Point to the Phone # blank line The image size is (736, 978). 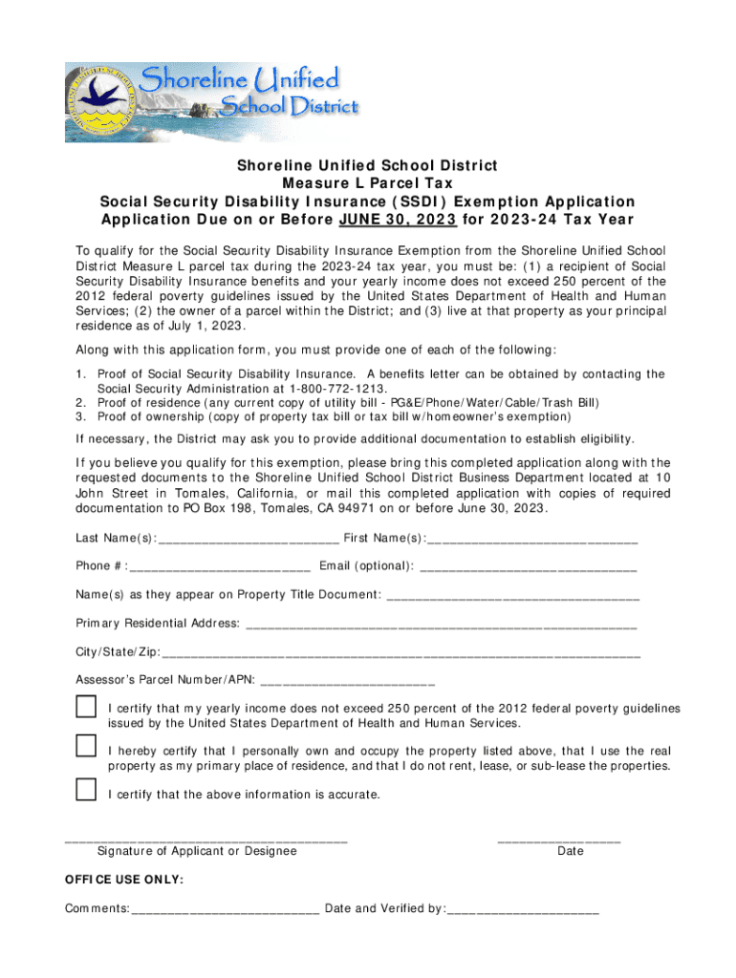point(220,567)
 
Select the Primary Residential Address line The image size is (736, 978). point(441,626)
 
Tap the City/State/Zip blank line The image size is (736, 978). point(401,654)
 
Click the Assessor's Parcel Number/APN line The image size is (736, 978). point(347,683)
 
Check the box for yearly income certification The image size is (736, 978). point(86,708)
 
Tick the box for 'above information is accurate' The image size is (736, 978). point(86,790)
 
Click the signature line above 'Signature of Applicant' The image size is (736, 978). point(206,840)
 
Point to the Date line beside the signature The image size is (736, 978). point(559,840)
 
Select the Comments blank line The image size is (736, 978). point(226,911)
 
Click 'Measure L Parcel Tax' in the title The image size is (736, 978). point(367,183)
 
